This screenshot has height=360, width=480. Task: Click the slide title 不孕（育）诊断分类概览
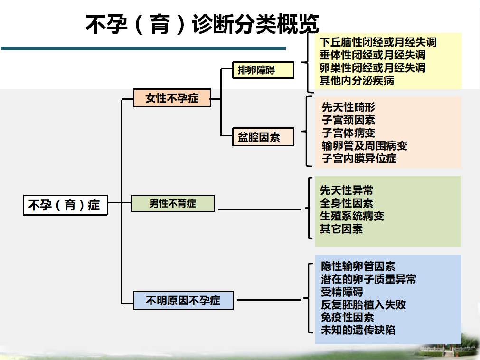[x=202, y=24]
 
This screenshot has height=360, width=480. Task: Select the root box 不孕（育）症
[x=66, y=205]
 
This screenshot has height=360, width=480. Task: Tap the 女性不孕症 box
[x=172, y=98]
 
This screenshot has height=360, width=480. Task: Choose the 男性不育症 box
[x=173, y=204]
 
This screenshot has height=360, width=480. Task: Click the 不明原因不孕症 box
[x=183, y=300]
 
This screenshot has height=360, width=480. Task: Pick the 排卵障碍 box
[x=264, y=70]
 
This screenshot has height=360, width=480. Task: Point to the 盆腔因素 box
[x=264, y=137]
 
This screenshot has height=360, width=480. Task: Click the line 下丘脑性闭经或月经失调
[x=378, y=42]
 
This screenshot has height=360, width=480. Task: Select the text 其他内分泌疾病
[x=357, y=81]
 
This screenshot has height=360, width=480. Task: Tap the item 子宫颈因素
[x=348, y=120]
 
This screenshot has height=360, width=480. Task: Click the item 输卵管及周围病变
[x=365, y=146]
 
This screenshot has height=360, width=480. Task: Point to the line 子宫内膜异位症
[x=359, y=159]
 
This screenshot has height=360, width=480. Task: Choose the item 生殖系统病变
[x=352, y=216]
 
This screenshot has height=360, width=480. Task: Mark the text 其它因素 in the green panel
[x=341, y=228]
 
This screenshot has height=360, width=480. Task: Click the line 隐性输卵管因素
[x=358, y=266]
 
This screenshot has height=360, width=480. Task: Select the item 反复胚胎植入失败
[x=363, y=304]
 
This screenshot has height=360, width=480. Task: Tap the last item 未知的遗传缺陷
[x=358, y=330]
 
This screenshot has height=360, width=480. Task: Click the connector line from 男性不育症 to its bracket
[x=259, y=210]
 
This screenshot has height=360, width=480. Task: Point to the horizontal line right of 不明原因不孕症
[x=269, y=300]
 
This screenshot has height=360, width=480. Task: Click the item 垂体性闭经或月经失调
[x=373, y=55]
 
